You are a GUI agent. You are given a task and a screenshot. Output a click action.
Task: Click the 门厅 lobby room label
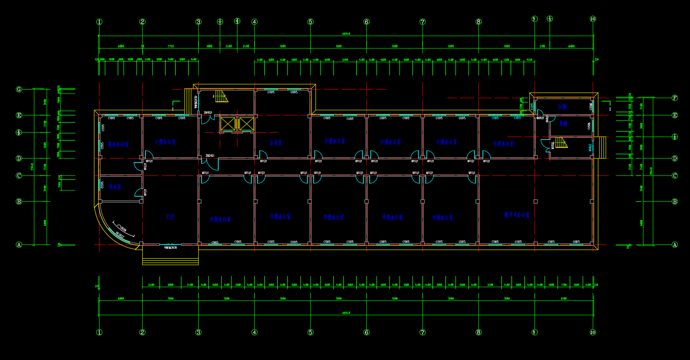[x=171, y=217]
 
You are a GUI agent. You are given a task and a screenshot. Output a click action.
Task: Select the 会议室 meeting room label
[x=276, y=143]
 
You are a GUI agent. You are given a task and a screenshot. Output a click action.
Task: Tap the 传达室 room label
[x=115, y=187]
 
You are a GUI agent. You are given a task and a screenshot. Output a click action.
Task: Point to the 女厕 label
[x=562, y=107]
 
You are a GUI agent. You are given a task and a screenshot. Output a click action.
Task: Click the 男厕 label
[x=563, y=124]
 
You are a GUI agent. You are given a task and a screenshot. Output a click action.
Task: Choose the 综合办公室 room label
[x=118, y=144]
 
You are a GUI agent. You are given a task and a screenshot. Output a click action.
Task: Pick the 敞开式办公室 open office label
[x=517, y=214]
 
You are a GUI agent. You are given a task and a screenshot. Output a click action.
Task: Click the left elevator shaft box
[x=228, y=124]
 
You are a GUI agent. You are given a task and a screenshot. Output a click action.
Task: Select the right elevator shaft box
[x=246, y=124]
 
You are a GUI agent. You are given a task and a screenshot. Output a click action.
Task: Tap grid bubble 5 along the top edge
[x=310, y=22]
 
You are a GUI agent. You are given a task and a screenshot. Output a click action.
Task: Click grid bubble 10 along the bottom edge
[x=593, y=332]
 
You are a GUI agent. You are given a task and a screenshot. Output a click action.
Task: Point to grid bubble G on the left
[x=19, y=89]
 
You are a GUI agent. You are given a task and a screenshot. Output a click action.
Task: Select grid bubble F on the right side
[x=675, y=98]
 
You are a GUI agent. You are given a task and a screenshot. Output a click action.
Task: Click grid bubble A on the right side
[x=675, y=244]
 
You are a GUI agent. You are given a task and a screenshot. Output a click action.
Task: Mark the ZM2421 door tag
[x=210, y=156]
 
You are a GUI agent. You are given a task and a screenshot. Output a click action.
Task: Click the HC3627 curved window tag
[x=120, y=234]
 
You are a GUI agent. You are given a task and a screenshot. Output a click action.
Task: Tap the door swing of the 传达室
[x=139, y=193]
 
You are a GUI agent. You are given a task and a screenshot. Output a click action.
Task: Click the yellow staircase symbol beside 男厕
[x=561, y=143]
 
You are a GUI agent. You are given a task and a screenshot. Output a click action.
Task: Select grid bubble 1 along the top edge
[x=99, y=22]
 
